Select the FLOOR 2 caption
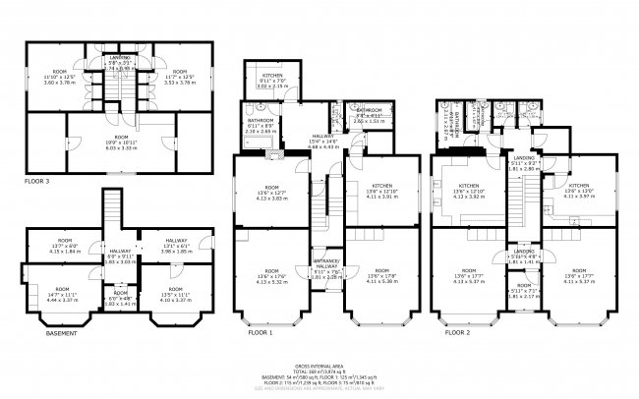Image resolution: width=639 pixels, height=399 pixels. click(459, 333)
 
